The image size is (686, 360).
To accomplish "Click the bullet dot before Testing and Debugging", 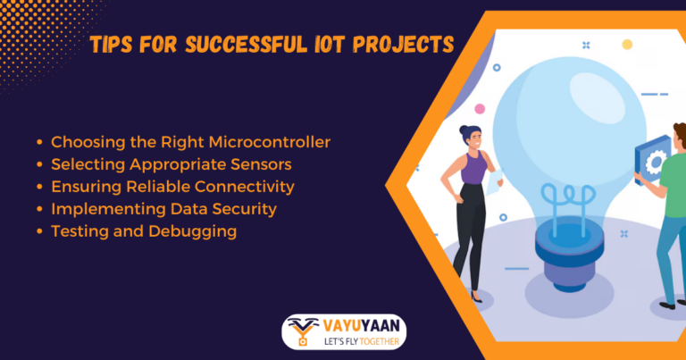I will click(39, 231).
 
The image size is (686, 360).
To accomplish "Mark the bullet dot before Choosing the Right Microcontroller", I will click(39, 142).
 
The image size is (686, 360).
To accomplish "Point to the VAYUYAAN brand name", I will click(361, 324).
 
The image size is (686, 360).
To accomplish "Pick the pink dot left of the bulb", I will click(480, 109).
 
